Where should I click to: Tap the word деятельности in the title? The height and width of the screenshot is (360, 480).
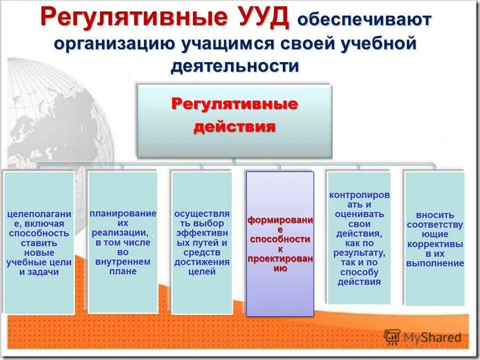coord(234,66)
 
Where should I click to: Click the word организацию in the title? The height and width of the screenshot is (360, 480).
coord(114,43)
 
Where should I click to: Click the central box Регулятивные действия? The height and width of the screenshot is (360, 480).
coord(234,120)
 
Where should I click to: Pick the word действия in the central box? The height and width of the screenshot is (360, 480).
coord(234,126)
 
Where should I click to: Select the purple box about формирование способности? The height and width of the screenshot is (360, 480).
coord(280,244)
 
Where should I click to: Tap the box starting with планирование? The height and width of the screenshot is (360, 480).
coord(122,242)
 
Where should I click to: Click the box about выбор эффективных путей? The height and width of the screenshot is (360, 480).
coord(201,242)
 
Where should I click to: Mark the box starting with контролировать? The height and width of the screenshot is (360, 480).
coord(358,238)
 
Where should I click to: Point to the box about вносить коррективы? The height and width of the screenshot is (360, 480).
coord(434,238)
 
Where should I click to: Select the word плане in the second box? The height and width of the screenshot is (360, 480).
coord(122,271)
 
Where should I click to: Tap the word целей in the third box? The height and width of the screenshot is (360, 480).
coord(201,271)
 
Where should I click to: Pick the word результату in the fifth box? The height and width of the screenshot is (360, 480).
coord(358,253)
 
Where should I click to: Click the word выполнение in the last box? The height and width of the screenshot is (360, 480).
coord(434,263)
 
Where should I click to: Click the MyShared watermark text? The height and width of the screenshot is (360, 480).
coord(432,337)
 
